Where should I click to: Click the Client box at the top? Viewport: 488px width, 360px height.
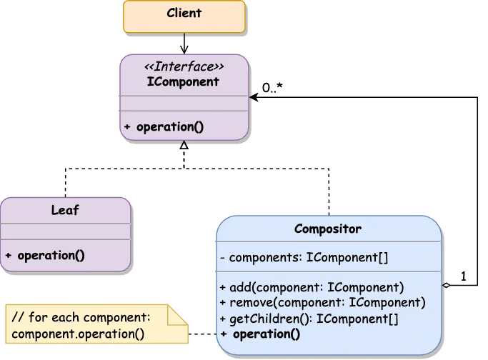click(x=184, y=16)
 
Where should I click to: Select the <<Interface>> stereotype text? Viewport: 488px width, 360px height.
click(x=184, y=66)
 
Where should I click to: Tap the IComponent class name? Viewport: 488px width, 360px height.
click(x=183, y=81)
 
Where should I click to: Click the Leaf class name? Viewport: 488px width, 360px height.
click(x=65, y=211)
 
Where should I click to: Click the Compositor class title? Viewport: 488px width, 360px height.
click(x=328, y=229)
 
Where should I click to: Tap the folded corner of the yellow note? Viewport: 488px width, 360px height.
click(x=179, y=314)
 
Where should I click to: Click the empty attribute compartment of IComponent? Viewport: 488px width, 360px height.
click(x=184, y=103)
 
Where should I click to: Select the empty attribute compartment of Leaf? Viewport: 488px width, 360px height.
click(x=65, y=231)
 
